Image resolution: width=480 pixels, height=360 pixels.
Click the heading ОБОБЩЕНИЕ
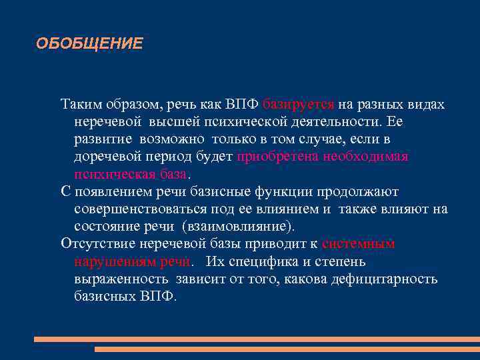pos(89,44)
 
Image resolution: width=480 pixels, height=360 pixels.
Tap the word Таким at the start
pos(80,105)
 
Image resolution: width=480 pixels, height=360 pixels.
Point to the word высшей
pos(174,123)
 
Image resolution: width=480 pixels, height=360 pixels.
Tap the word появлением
pos(109,192)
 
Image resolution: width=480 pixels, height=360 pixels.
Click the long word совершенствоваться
pos(135,209)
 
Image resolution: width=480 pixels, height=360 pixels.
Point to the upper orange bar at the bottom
pos(257,339)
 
